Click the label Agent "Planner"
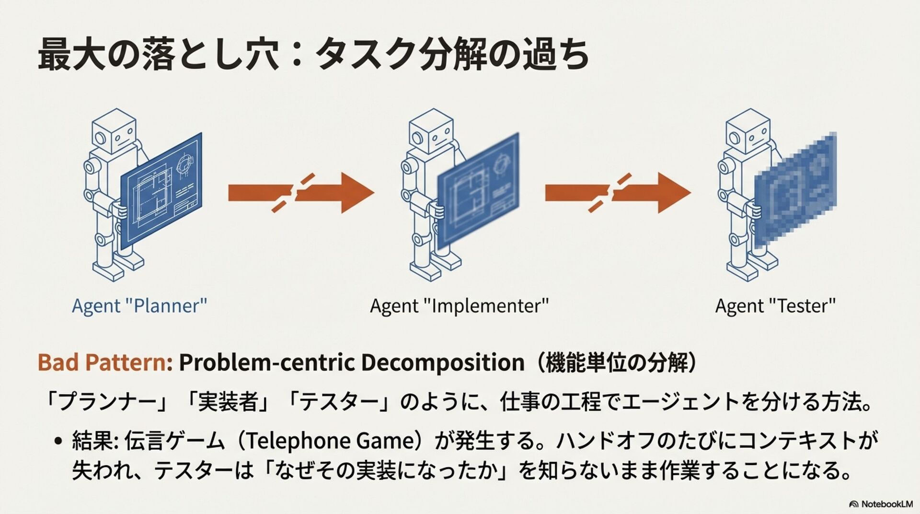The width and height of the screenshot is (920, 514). (x=139, y=306)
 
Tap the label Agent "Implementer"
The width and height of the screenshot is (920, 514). (x=459, y=306)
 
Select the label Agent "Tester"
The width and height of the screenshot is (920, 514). (x=775, y=306)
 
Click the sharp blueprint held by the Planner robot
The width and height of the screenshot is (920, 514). (x=161, y=191)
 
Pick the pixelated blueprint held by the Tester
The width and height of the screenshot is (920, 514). (x=795, y=191)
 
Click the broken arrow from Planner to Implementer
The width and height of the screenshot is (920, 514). (x=300, y=193)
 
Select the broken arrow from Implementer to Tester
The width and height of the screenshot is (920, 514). (x=618, y=193)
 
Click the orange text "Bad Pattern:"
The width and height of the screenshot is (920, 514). (x=105, y=362)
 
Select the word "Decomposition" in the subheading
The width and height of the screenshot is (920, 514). (x=442, y=362)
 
